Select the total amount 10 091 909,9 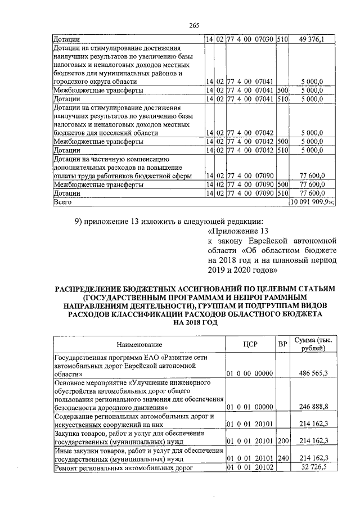tap(311, 201)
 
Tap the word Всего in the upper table tap(62, 201)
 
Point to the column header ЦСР tap(251, 344)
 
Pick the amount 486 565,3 tap(313, 373)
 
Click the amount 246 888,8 tap(313, 406)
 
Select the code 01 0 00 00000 tap(249, 373)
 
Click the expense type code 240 tap(283, 458)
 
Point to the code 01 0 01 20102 tap(249, 467)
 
